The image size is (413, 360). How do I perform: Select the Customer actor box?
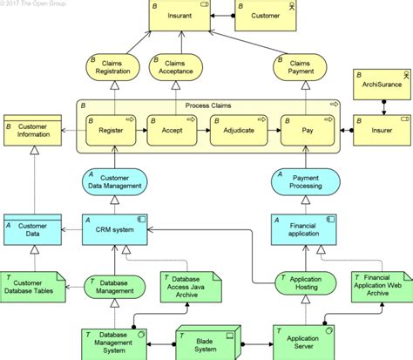(266, 17)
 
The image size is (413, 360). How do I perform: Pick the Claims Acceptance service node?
(179, 70)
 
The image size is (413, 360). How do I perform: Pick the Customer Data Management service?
(114, 180)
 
